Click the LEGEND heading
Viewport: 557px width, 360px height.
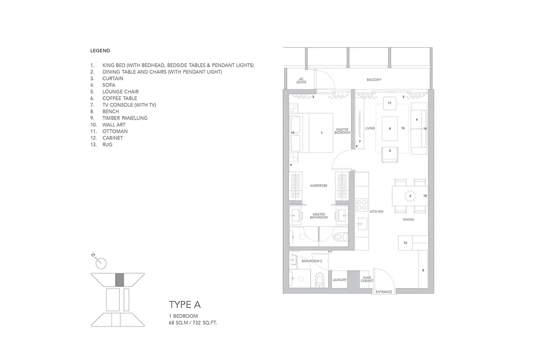pyautogui.click(x=100, y=51)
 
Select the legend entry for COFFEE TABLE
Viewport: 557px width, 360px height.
pyautogui.click(x=114, y=98)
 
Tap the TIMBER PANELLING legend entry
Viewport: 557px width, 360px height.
pyautogui.click(x=119, y=118)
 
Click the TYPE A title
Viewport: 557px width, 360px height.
pyautogui.click(x=185, y=305)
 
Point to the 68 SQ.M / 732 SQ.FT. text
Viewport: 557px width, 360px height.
pyautogui.click(x=193, y=323)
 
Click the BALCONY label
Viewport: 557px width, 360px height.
pyautogui.click(x=374, y=80)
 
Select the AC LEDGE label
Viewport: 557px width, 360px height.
pyautogui.click(x=301, y=81)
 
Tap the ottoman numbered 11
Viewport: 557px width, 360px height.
pyautogui.click(x=389, y=103)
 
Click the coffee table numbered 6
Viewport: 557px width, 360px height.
pyautogui.click(x=389, y=129)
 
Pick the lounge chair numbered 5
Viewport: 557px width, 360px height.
pyautogui.click(x=390, y=154)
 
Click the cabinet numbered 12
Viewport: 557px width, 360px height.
pyautogui.click(x=405, y=243)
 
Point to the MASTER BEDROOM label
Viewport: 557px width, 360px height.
pyautogui.click(x=342, y=131)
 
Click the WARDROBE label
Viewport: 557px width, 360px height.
pyautogui.click(x=318, y=186)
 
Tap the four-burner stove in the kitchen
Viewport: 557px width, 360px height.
pyautogui.click(x=362, y=205)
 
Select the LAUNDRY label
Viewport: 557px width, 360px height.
pyautogui.click(x=339, y=280)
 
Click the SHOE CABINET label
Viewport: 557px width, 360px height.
pyautogui.click(x=367, y=279)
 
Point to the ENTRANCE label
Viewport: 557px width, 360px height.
pyautogui.click(x=384, y=292)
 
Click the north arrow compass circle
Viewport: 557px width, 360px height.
pyautogui.click(x=101, y=264)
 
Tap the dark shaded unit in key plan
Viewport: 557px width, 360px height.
pyautogui.click(x=120, y=280)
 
